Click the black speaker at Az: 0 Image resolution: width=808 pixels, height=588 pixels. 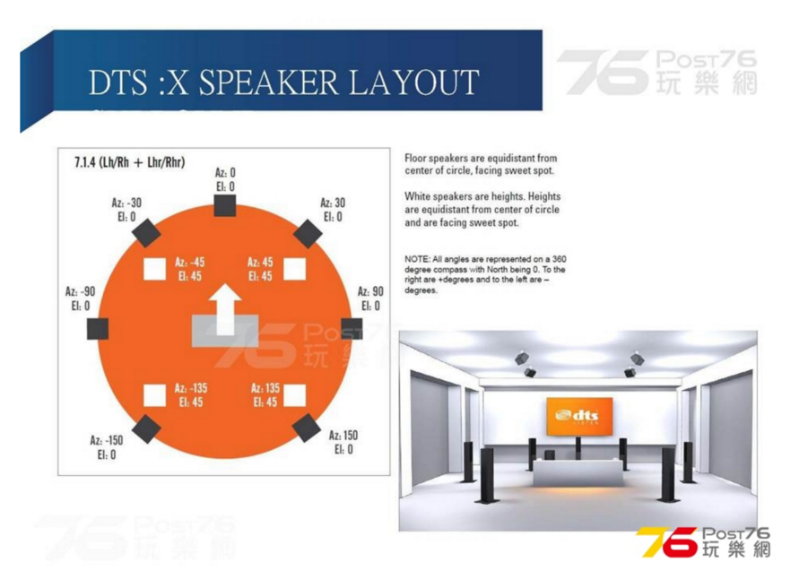[x=225, y=205]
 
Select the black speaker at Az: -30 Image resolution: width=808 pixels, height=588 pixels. [x=146, y=233]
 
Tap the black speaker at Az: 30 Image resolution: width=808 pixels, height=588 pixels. [x=308, y=233]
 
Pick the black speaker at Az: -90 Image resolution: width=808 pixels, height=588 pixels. [x=98, y=329]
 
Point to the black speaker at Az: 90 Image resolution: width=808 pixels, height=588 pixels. [x=352, y=328]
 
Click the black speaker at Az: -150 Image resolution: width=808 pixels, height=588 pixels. [x=146, y=429]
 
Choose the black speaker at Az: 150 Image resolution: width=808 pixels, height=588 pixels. [x=307, y=428]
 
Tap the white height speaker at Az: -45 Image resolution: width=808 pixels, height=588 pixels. [x=154, y=269]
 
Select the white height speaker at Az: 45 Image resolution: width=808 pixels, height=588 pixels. [x=295, y=269]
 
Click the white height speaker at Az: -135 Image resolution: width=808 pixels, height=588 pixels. [x=154, y=395]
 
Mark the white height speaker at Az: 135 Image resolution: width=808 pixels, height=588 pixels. [x=295, y=395]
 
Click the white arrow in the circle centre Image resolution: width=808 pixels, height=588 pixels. [x=225, y=309]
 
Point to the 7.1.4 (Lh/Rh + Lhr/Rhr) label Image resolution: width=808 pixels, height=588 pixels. [x=130, y=163]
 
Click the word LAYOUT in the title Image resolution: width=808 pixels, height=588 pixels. [x=413, y=82]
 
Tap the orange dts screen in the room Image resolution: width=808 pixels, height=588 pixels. [x=579, y=416]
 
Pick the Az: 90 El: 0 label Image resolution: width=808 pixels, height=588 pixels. [x=370, y=298]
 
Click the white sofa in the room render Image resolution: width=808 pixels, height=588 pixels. [x=578, y=472]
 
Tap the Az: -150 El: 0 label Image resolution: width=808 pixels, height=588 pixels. [x=107, y=447]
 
